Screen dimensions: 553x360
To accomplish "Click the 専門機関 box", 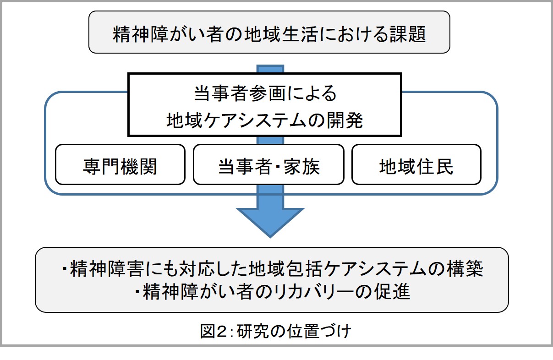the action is [x=120, y=164].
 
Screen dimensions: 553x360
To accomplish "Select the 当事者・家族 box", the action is [x=268, y=164].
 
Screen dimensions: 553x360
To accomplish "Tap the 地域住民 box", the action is [x=416, y=164].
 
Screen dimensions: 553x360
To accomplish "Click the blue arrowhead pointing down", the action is [x=270, y=223].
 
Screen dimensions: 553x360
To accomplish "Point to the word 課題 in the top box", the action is [x=408, y=34].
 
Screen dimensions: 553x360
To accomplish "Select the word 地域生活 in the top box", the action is [x=280, y=34].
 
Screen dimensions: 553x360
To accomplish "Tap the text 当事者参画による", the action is [x=265, y=93].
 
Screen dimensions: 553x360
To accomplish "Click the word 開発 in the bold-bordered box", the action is [x=345, y=120].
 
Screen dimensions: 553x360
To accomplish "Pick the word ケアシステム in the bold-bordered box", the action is [x=255, y=120].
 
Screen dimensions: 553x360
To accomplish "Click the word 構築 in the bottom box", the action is [x=465, y=269].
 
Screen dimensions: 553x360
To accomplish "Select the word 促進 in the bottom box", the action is [x=392, y=291].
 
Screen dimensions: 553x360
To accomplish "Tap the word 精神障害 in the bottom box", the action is [x=107, y=269].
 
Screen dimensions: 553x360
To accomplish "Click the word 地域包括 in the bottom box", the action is [x=285, y=269].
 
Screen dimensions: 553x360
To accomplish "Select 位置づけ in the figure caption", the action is [x=319, y=331].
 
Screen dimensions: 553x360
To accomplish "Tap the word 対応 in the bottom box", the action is [x=196, y=269].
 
